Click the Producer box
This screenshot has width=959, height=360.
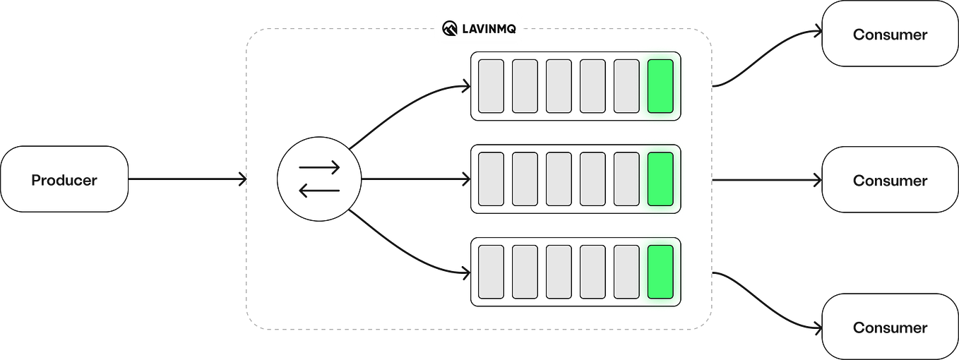[x=65, y=179]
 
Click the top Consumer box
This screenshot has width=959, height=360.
[x=889, y=35]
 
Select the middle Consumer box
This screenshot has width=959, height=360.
[x=889, y=180]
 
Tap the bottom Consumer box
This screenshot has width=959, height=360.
[x=889, y=327]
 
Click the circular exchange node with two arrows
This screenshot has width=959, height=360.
[x=320, y=179]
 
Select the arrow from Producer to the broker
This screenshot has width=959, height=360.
[x=187, y=179]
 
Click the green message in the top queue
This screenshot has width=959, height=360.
[x=660, y=86]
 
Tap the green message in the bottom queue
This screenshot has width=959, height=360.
[x=660, y=272]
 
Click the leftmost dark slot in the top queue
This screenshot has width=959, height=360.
[x=492, y=86]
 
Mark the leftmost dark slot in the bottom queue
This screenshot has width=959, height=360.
[x=492, y=272]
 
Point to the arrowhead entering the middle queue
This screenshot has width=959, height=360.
[x=465, y=179]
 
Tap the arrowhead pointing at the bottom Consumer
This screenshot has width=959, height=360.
[x=817, y=327]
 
